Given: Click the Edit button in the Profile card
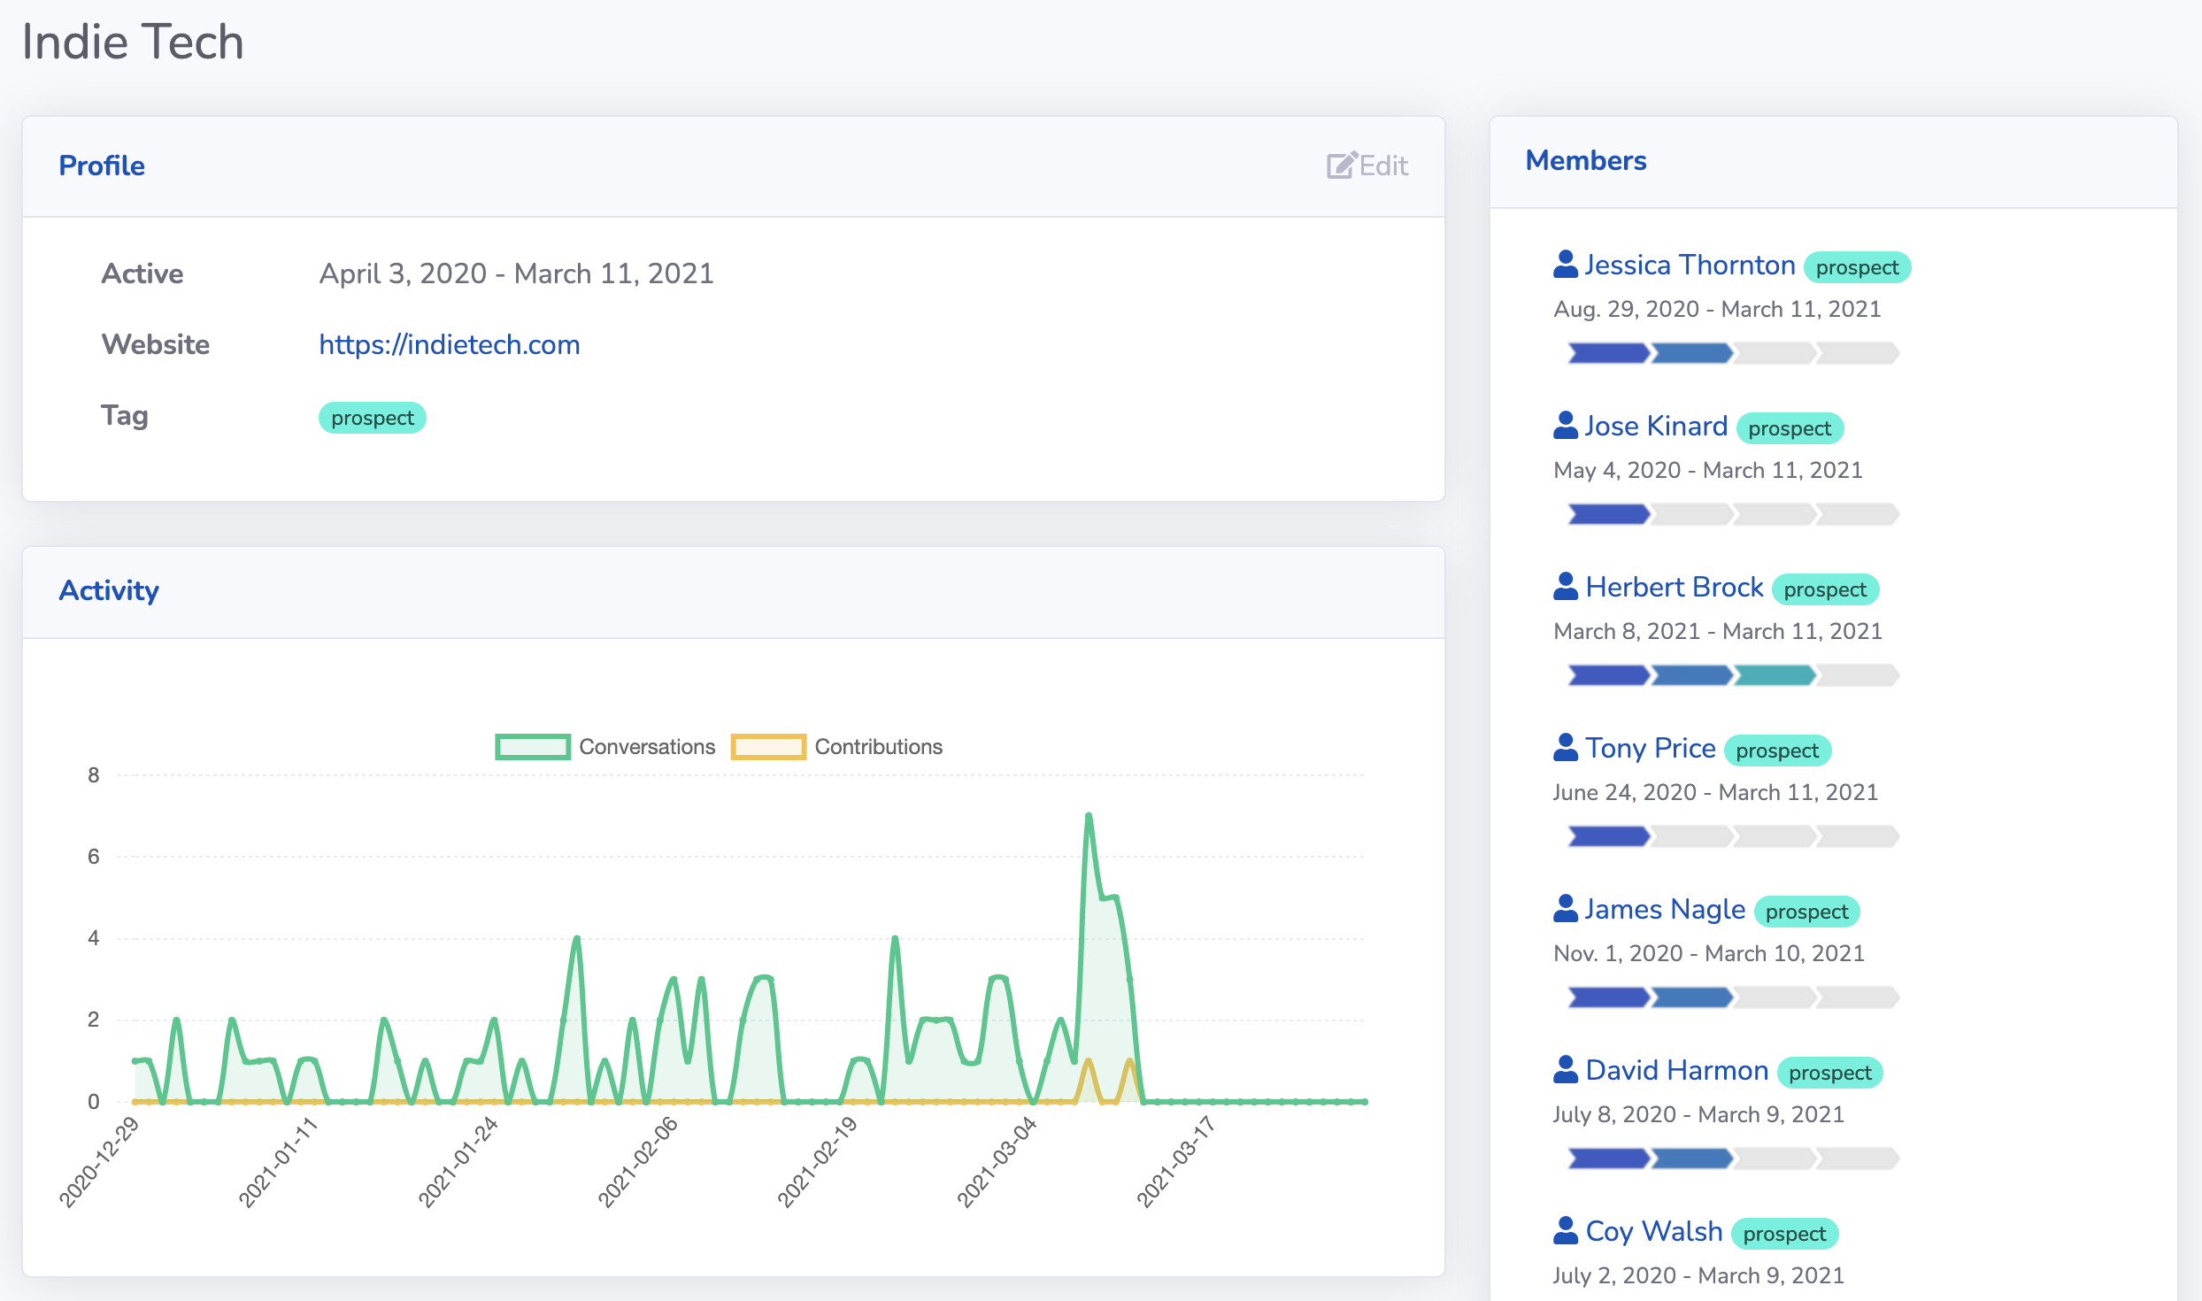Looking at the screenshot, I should [1367, 166].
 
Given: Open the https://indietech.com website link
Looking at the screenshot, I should [449, 344].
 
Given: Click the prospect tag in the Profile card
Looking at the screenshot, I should [372, 418].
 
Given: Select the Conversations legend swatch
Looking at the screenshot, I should [532, 747].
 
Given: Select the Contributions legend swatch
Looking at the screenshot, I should [767, 747].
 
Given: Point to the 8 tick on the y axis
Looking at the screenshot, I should [94, 775].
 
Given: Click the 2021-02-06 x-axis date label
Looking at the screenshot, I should [637, 1161].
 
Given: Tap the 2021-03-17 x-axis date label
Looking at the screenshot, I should [1175, 1161].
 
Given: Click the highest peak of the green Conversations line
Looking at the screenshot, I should [1089, 815].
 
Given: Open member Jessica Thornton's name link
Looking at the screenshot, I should [1689, 266].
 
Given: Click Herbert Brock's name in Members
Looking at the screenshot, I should [1674, 588].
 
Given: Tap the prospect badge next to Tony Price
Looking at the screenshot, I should [1776, 751].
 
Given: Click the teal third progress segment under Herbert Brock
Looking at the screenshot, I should [1775, 676].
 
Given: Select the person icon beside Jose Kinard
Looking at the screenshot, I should [1565, 426].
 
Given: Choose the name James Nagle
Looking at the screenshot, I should [1664, 910].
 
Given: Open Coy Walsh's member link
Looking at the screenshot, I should [1653, 1232].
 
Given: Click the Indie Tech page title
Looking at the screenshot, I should [133, 42].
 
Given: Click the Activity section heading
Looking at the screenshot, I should [109, 590].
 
